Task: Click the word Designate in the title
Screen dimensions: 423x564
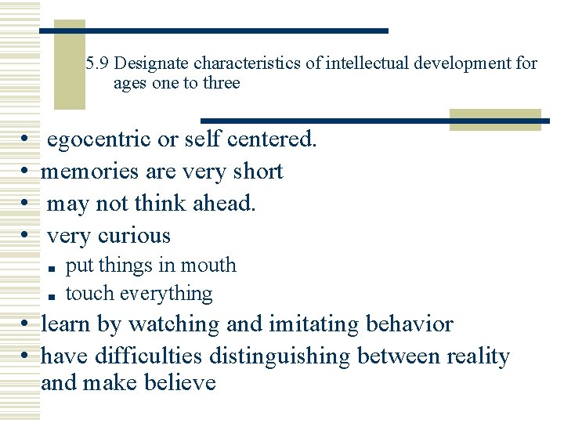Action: click(156, 63)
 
